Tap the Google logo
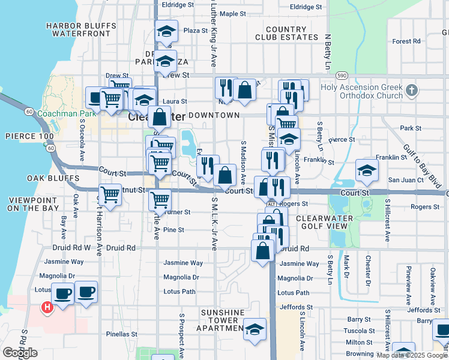tap(20, 353)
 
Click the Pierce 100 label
tap(25, 136)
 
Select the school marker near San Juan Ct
tap(367, 170)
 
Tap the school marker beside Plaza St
tap(166, 32)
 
